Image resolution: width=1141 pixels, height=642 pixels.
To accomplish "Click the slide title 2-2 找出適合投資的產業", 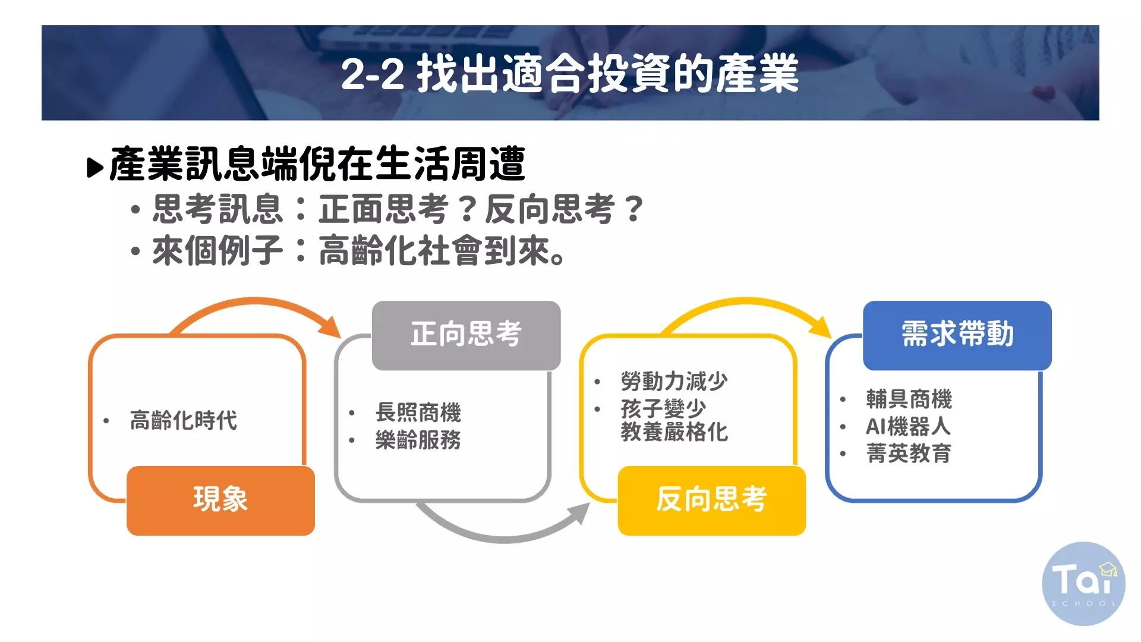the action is point(570,74).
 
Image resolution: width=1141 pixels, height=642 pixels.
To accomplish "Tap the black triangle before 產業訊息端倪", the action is point(95,168).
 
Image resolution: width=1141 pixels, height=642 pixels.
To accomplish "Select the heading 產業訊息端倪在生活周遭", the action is point(317,163).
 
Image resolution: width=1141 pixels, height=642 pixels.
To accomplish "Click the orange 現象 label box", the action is point(220,501).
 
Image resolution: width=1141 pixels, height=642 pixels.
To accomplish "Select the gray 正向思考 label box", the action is point(466,335).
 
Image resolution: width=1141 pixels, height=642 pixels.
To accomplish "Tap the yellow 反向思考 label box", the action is point(712,501).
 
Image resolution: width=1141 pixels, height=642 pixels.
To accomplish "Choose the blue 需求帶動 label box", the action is point(957,335).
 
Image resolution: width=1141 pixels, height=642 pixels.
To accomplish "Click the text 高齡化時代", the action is point(184,420).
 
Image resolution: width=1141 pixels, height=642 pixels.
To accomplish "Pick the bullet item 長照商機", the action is point(418,412).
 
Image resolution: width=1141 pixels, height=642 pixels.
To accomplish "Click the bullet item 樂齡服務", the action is point(418,440).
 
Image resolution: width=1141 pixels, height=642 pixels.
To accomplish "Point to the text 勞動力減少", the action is point(674,381).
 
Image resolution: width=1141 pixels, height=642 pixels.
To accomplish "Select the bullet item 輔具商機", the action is point(909,399).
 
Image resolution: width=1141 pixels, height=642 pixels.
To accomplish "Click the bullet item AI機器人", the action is point(908,426).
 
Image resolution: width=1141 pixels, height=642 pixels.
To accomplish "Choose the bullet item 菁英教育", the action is point(909,454).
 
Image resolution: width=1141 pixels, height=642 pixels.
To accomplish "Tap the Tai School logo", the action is point(1083,584).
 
